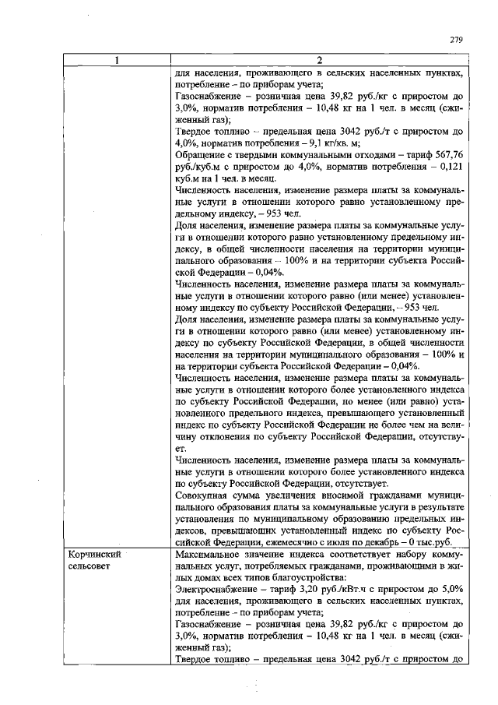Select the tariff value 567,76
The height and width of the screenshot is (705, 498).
448,155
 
